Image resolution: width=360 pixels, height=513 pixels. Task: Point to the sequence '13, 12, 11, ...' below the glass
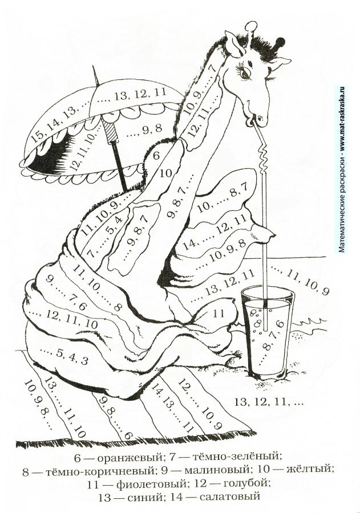click(x=269, y=402)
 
